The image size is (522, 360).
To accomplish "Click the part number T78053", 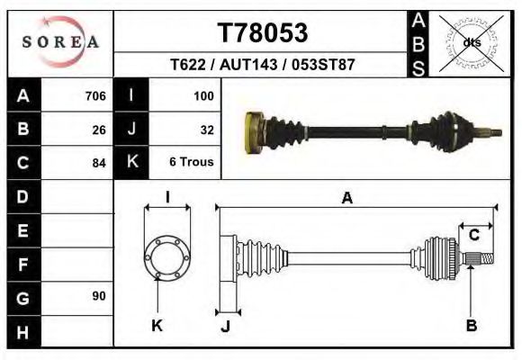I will (263, 33).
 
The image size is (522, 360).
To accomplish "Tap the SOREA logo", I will (59, 42).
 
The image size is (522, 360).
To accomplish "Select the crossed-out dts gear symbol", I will (471, 42).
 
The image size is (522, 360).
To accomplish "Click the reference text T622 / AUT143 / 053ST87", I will (263, 66).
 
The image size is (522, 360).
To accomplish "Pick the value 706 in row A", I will (94, 95).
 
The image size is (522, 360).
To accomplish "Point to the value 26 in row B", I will (99, 130).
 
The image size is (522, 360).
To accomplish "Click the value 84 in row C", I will (99, 163).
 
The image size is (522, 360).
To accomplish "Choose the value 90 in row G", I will (99, 296).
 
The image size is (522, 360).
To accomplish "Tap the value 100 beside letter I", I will (202, 95).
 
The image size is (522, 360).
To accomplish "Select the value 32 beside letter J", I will (206, 130).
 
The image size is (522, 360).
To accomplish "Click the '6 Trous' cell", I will (191, 163).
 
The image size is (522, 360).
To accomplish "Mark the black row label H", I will (22, 332).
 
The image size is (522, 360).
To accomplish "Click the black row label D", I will (22, 196).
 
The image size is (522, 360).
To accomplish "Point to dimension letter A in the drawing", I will (346, 199).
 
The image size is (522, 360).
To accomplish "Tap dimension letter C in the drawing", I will (473, 235).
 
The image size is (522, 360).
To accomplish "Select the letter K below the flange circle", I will (156, 325).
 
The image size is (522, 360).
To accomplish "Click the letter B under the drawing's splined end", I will (471, 325).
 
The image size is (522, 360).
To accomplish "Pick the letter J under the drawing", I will (226, 325).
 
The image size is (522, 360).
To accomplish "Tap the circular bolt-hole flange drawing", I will (166, 258).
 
